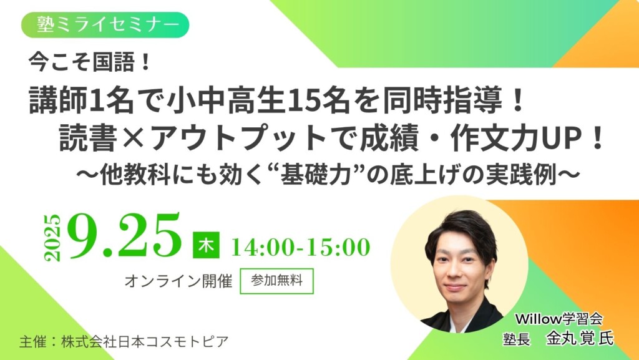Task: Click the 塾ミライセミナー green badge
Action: click(104, 24)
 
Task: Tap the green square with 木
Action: click(206, 245)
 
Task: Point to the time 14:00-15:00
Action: click(300, 246)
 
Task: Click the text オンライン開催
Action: click(179, 281)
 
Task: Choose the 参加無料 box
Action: click(276, 281)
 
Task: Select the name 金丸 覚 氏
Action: click(579, 338)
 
